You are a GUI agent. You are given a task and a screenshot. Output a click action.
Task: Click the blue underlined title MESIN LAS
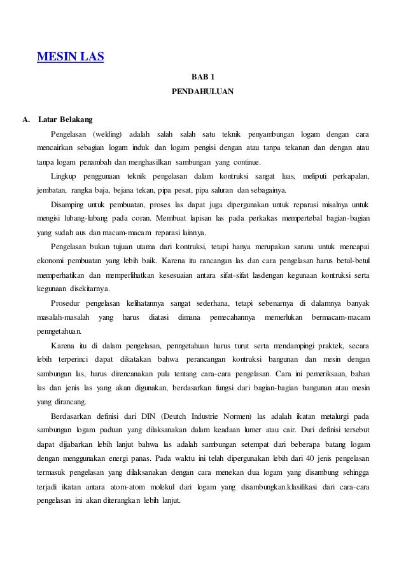(x=71, y=59)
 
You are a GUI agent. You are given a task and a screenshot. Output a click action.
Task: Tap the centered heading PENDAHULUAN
(x=202, y=92)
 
